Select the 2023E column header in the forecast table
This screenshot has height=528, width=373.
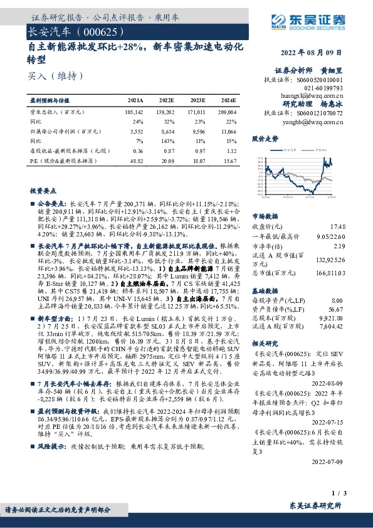[197, 100]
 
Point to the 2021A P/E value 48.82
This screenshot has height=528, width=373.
[135, 161]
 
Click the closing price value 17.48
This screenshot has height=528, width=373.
[337, 226]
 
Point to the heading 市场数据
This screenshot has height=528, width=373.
[263, 216]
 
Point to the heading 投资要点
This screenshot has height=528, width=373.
[43, 190]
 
